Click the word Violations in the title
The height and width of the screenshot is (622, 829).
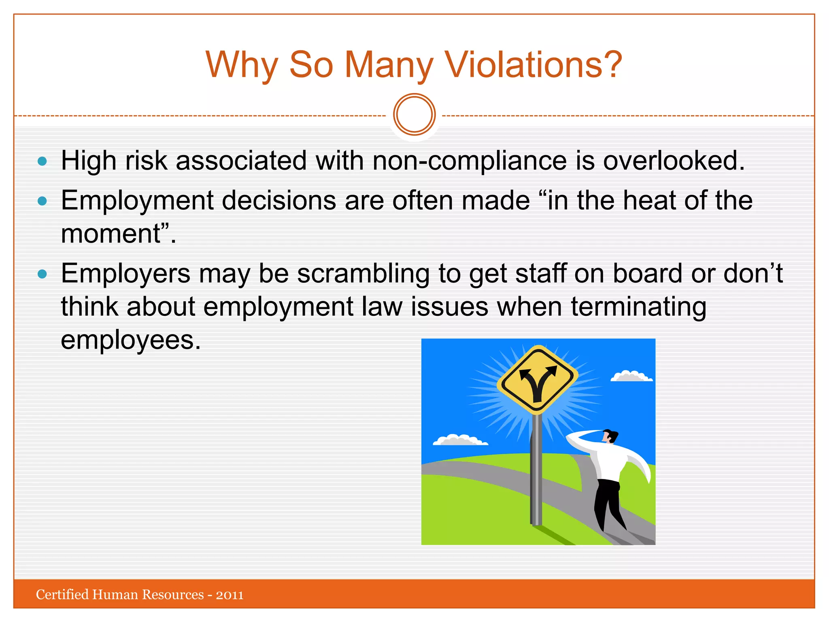[x=533, y=65]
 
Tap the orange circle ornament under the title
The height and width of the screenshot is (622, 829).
[x=414, y=115]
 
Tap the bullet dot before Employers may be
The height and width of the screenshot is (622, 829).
[x=42, y=275]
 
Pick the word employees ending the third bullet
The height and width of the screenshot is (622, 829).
[x=130, y=340]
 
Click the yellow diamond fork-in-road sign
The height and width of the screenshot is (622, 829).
[x=537, y=380]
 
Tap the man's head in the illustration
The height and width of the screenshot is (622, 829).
[x=609, y=437]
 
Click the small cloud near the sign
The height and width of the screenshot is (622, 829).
[x=631, y=377]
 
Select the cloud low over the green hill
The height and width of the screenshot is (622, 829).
[x=460, y=441]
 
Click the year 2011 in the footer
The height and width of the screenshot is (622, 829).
[x=230, y=595]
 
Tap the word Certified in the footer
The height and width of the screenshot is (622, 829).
[x=62, y=594]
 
